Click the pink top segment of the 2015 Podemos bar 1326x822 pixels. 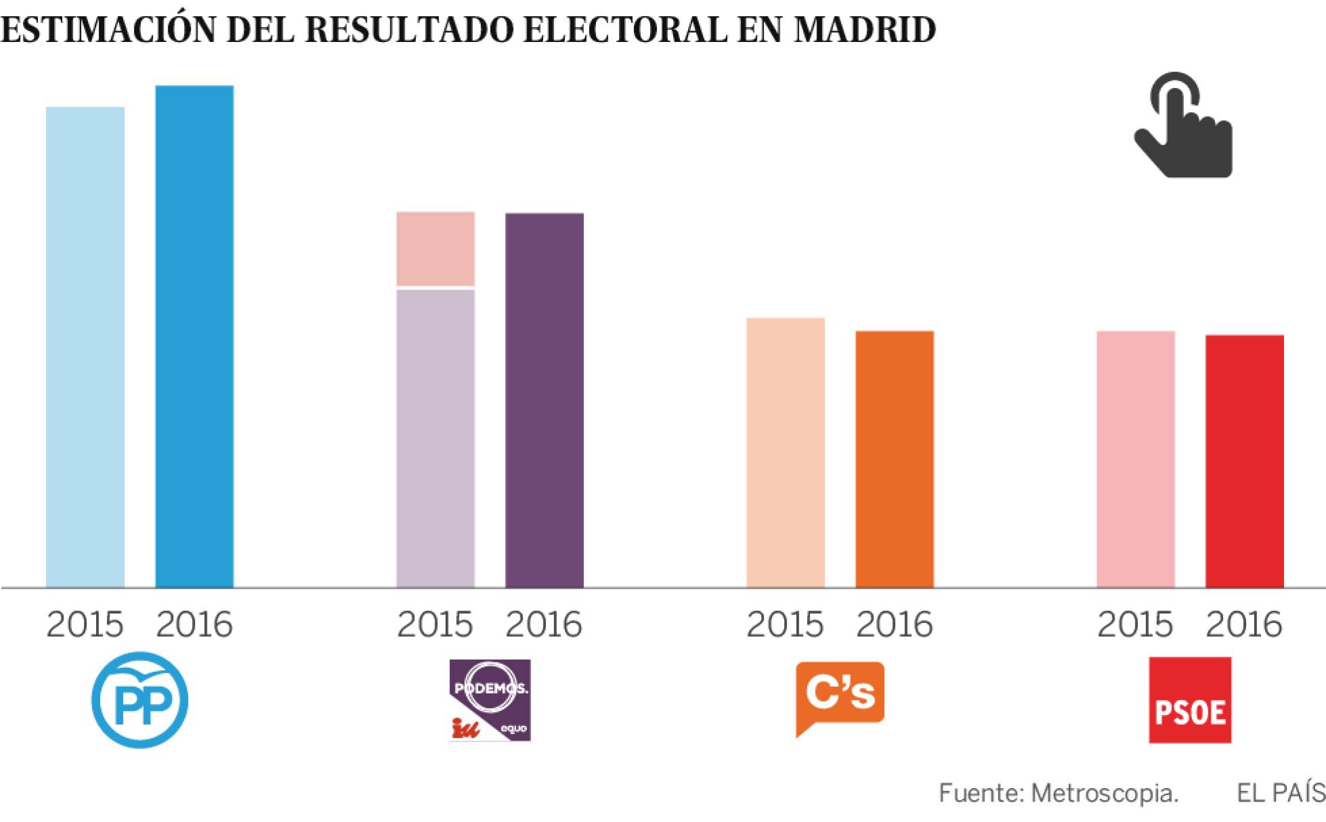tap(435, 249)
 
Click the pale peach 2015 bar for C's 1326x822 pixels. tap(785, 453)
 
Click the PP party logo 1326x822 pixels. tap(140, 700)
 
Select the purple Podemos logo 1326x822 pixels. tap(490, 700)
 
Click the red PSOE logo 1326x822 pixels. tap(1189, 700)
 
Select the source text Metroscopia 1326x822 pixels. tap(1104, 793)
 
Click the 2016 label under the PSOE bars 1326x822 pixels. tap(1243, 624)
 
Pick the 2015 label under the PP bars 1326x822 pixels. tap(85, 624)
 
